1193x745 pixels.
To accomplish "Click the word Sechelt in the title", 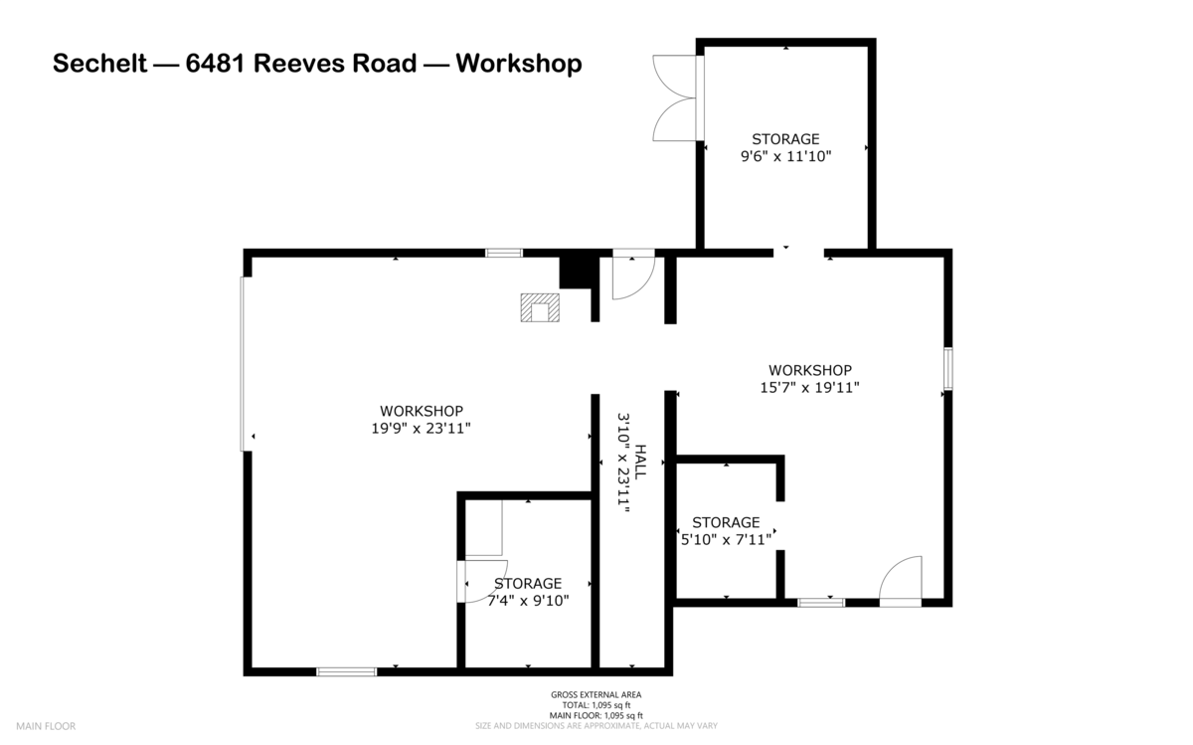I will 96,65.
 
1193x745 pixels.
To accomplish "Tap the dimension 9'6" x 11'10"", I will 785,156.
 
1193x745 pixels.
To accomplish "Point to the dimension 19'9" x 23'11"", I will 421,429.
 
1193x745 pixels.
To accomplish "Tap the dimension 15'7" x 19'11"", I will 809,388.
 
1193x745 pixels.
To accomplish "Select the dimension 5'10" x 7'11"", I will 726,540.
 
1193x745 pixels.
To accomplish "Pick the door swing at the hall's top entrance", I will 632,277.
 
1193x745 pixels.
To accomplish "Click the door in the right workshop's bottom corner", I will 902,582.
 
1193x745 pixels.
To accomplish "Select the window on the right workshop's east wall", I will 948,369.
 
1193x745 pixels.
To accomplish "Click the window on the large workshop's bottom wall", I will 346,671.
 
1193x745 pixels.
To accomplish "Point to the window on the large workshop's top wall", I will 504,253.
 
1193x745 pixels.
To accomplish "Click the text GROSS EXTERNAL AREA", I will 596,694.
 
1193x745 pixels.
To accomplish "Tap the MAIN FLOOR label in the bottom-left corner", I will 45,726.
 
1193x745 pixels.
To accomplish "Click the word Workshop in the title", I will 518,65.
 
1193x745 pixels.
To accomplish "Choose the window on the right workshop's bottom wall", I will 821,602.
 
